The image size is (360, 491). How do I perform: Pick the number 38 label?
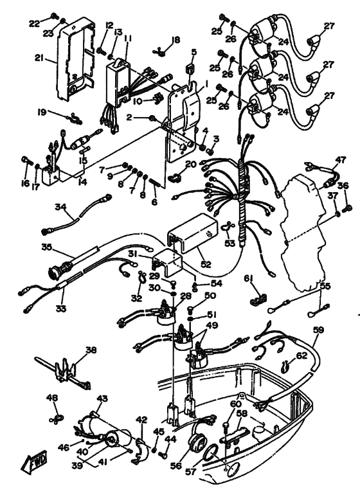[x=91, y=351]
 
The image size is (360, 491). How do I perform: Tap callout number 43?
[x=101, y=398]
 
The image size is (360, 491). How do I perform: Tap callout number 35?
[x=46, y=246]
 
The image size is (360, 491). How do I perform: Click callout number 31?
[x=150, y=254]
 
